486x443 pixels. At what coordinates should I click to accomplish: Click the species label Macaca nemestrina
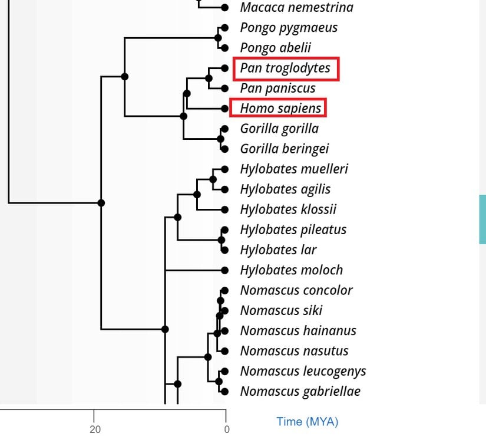(296, 8)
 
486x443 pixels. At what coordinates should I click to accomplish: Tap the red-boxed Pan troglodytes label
(285, 68)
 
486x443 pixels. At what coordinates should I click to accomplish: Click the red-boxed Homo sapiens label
(280, 109)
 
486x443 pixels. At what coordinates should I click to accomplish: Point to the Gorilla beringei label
(284, 149)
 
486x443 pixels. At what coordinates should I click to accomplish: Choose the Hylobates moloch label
(291, 270)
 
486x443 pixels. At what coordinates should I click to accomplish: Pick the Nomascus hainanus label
(298, 330)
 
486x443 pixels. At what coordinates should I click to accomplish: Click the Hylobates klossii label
(288, 209)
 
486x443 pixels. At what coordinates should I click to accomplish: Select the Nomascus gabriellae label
(300, 391)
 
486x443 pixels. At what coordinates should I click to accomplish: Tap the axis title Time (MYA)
(308, 422)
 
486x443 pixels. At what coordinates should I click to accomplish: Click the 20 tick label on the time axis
(95, 429)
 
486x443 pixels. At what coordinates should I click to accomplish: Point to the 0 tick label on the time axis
(227, 429)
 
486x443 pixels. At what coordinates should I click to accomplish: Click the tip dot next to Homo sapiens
(224, 109)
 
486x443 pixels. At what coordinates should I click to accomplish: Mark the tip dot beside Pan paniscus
(224, 88)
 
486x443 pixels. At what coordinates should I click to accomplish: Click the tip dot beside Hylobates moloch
(224, 270)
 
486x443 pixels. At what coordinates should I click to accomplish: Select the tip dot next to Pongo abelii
(224, 48)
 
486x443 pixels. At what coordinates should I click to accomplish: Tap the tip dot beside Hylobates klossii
(224, 209)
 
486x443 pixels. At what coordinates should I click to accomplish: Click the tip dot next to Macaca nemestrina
(224, 8)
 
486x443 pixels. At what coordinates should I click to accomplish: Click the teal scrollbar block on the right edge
(482, 219)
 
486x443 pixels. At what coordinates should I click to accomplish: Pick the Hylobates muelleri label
(294, 169)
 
